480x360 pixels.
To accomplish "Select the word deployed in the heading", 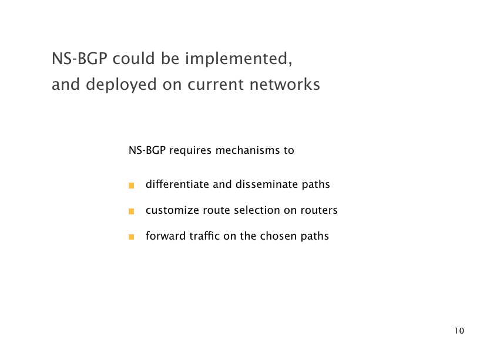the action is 121,85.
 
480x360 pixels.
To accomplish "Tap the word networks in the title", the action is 285,84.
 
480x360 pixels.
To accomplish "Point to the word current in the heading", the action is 216,85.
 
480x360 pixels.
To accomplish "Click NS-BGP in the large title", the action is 79,59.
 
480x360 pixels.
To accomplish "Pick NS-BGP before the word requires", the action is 147,150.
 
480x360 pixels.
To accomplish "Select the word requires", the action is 190,151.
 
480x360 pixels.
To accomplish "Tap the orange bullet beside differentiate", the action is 132,186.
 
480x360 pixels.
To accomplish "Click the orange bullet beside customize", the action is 132,211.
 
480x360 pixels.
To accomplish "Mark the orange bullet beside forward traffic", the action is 132,237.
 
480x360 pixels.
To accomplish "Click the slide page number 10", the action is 459,331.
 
